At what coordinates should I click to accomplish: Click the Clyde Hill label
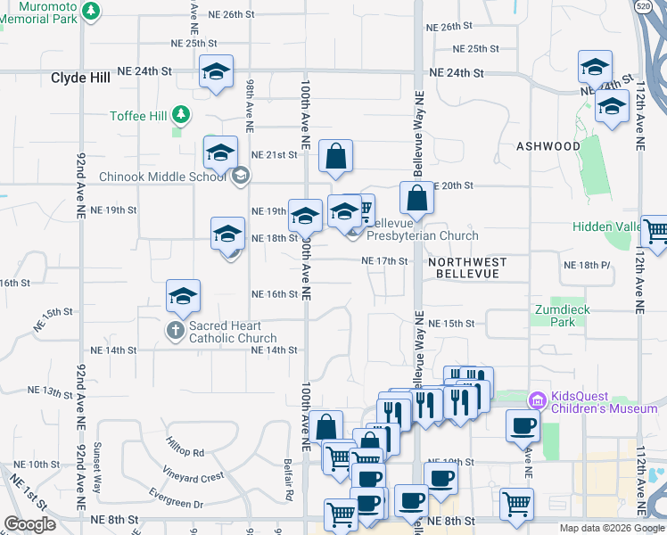coord(80,78)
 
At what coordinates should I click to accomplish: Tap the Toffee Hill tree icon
coord(182,115)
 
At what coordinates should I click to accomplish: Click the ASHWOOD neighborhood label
coord(548,146)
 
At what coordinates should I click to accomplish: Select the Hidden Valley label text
coord(610,227)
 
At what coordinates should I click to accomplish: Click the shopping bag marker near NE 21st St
coord(335,157)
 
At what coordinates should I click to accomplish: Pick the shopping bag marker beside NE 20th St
coord(416,198)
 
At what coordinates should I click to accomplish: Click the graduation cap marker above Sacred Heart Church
coord(183,296)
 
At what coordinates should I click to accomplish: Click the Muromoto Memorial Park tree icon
coord(90,10)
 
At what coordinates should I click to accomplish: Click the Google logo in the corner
coord(30,523)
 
